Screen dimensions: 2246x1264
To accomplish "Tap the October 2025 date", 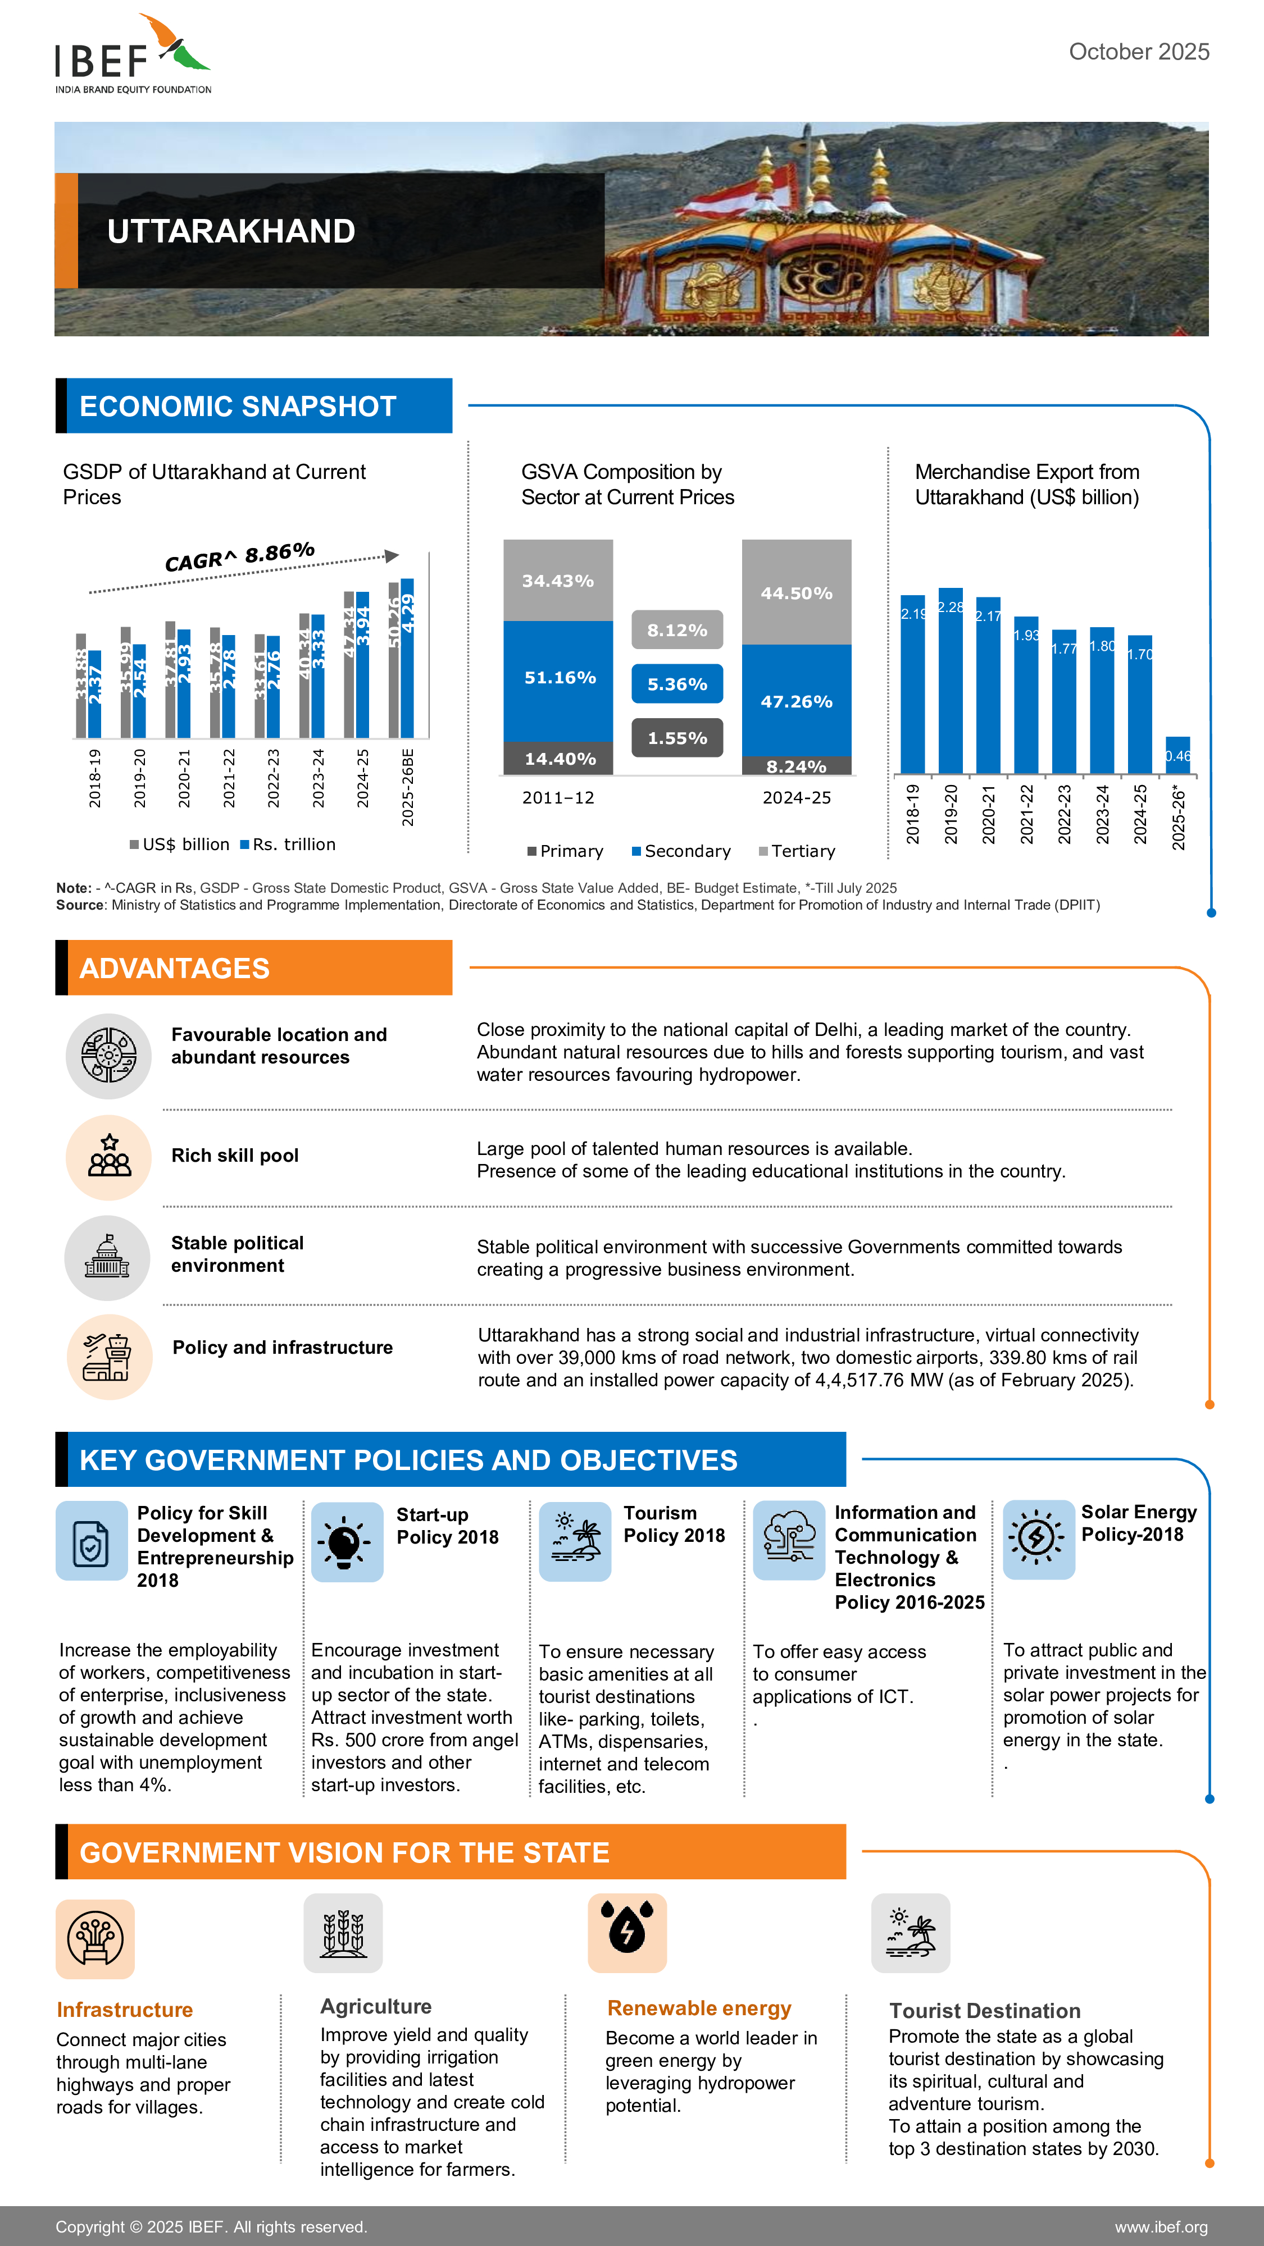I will pos(1138,52).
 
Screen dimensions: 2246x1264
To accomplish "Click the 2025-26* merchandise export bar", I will pos(1177,755).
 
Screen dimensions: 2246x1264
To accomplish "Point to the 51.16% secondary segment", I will pos(558,678).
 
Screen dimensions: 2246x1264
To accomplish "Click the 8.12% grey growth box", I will pos(677,629).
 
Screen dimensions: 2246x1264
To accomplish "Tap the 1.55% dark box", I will pos(677,738).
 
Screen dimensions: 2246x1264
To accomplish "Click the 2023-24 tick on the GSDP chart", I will pos(319,778).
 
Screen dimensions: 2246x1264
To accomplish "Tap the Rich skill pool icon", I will pos(109,1157).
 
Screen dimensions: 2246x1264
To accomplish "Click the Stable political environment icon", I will pos(107,1257).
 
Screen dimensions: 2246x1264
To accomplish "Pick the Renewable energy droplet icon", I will pos(626,1932).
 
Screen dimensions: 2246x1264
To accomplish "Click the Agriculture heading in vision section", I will pos(375,2006).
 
